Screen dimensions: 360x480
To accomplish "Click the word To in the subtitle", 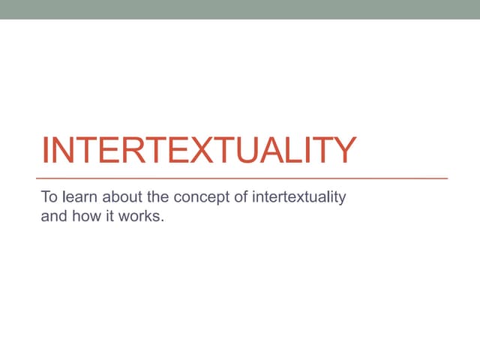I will pyautogui.click(x=49, y=198).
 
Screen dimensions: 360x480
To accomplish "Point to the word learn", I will pyautogui.click(x=79, y=198).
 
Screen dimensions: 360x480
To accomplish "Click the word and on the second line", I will pyautogui.click(x=52, y=220).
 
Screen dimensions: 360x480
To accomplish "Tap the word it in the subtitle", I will pyautogui.click(x=109, y=220).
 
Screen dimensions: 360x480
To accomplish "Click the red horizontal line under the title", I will pyautogui.click(x=244, y=178).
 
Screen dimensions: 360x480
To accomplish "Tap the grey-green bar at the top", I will pyautogui.click(x=240, y=9).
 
